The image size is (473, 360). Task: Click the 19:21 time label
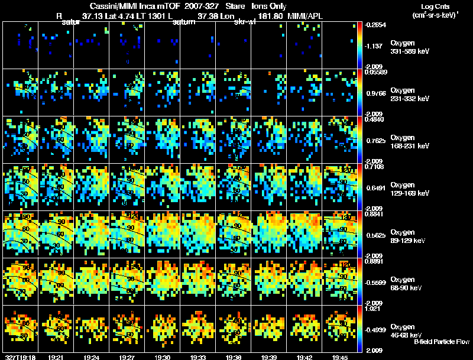[x=56, y=356]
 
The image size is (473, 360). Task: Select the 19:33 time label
[x=197, y=356]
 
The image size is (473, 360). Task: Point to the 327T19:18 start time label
[x=20, y=356]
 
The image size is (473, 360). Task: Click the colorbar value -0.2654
[x=376, y=25]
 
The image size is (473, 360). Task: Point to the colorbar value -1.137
[x=376, y=46]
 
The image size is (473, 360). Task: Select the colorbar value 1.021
[x=376, y=308]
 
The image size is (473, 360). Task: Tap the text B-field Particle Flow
[x=441, y=342]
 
